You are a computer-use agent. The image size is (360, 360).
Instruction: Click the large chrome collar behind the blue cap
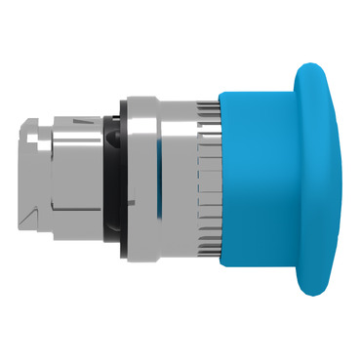point(146,180)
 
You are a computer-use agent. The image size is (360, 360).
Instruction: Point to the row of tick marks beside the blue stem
point(209,180)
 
